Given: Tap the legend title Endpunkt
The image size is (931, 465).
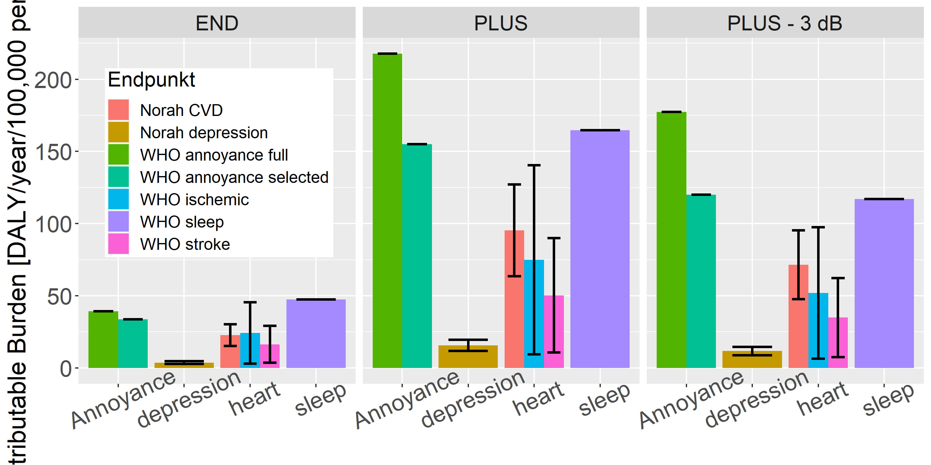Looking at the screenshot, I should [x=151, y=79].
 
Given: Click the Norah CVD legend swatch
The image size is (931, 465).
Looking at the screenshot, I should [x=118, y=110].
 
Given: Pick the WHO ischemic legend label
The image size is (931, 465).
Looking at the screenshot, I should [x=195, y=200].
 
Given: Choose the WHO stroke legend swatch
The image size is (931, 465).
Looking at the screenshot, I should [x=118, y=244].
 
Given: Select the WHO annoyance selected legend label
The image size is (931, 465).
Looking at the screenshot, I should [x=234, y=177].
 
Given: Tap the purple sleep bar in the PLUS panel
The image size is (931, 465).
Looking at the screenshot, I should [x=600, y=249].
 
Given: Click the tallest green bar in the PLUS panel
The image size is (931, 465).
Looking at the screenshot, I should [x=387, y=209].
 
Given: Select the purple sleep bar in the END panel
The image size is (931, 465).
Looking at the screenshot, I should [x=316, y=334].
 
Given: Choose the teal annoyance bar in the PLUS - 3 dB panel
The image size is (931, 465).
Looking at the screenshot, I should [x=701, y=281].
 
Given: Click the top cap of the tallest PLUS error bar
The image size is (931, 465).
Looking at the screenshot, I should [x=534, y=165].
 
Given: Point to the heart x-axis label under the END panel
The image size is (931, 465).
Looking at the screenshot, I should [x=254, y=399].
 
